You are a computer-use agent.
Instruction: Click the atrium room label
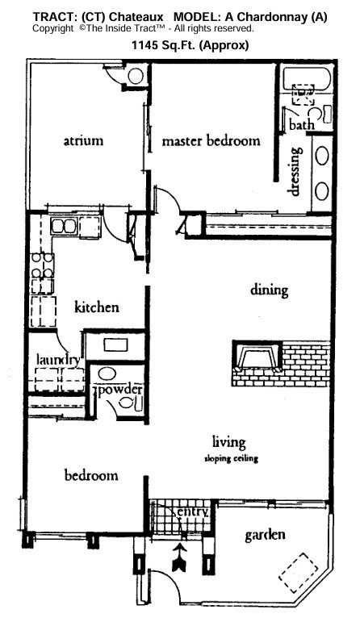click(x=83, y=141)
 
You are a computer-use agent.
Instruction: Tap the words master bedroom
click(x=211, y=141)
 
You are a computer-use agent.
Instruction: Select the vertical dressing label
click(x=295, y=170)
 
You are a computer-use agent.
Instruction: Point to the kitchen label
click(x=97, y=307)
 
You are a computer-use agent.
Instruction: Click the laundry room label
click(x=57, y=360)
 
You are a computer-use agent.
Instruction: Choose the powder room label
click(x=121, y=390)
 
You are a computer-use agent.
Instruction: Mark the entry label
click(x=195, y=511)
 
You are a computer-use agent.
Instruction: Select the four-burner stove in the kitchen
click(x=42, y=266)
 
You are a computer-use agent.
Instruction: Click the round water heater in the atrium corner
click(x=136, y=75)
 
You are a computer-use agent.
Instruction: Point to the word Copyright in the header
click(x=54, y=28)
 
